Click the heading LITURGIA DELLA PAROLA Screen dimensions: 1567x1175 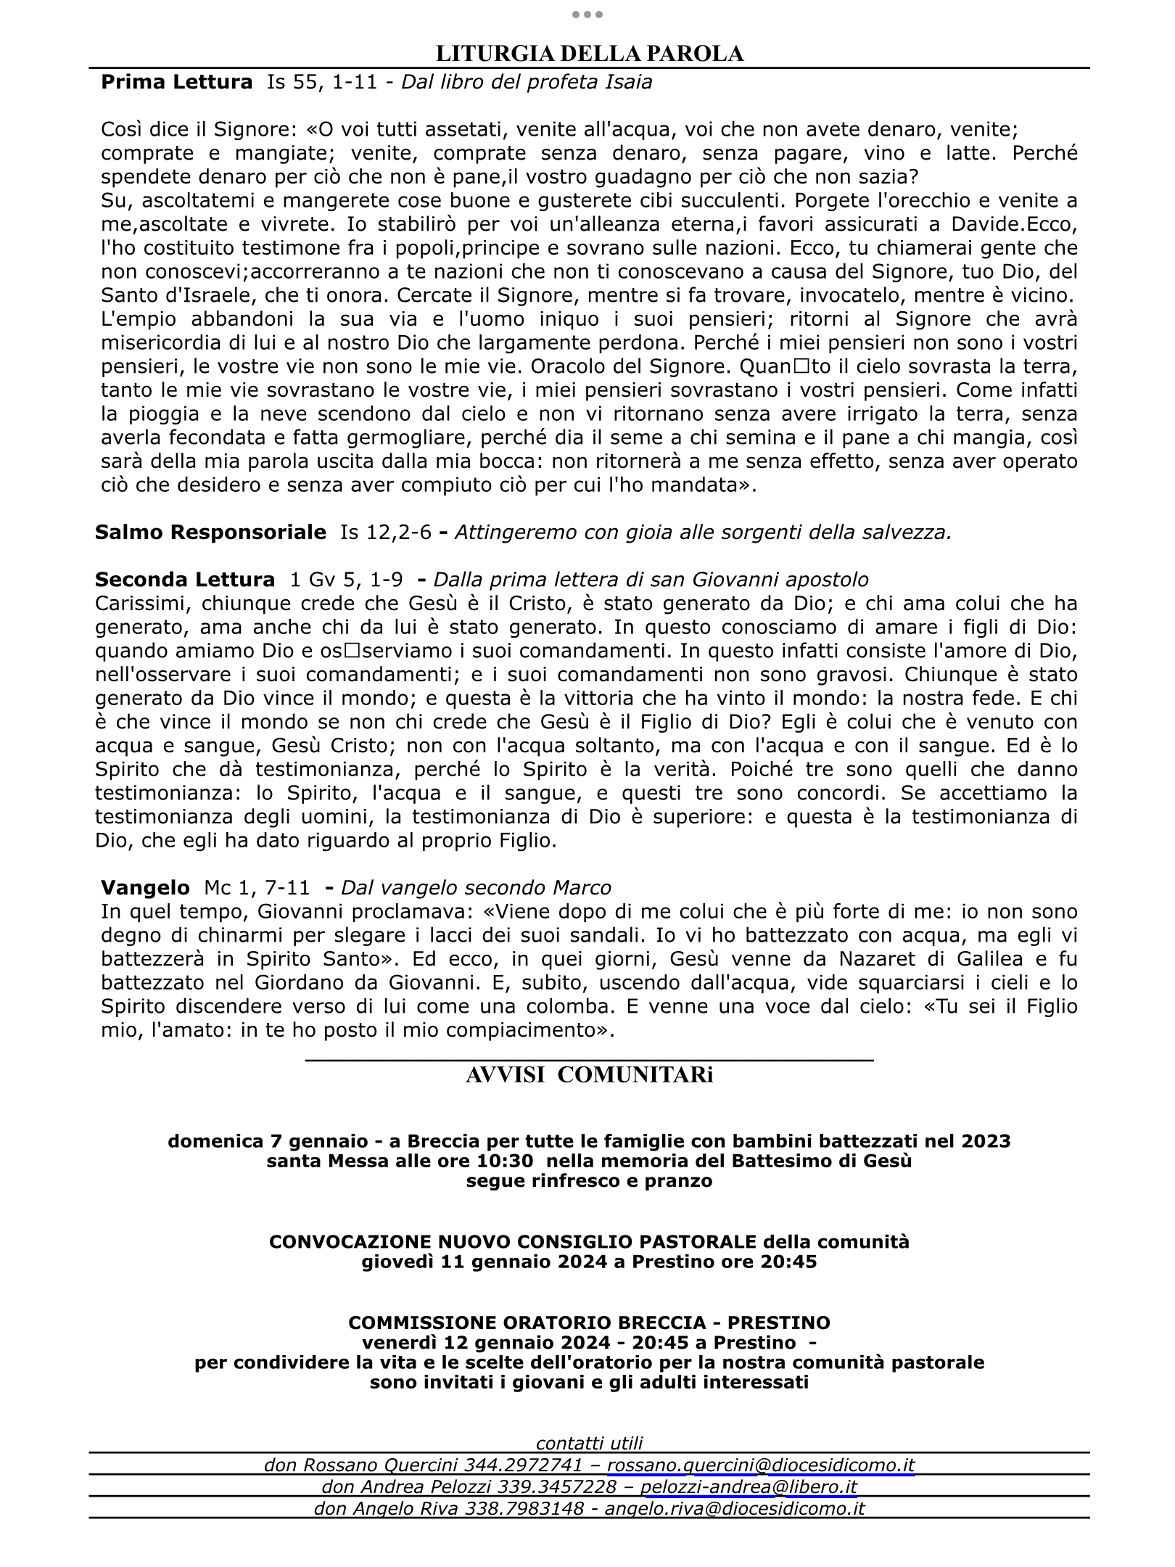coord(589,54)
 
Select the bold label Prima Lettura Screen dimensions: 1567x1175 coord(176,82)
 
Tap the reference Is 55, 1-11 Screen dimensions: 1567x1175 coord(322,82)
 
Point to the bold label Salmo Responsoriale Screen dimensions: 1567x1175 coord(210,532)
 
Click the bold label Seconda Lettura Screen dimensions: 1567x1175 coord(185,580)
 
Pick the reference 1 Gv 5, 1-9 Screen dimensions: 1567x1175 coord(346,580)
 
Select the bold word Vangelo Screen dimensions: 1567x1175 coord(145,887)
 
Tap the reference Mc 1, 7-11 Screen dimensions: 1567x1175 coord(257,887)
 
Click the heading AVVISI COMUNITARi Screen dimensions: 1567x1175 coord(589,1075)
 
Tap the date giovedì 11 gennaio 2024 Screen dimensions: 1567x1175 coord(485,1262)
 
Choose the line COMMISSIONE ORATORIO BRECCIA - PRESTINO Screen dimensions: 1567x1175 coord(589,1323)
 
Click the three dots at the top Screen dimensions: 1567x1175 coord(587,15)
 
